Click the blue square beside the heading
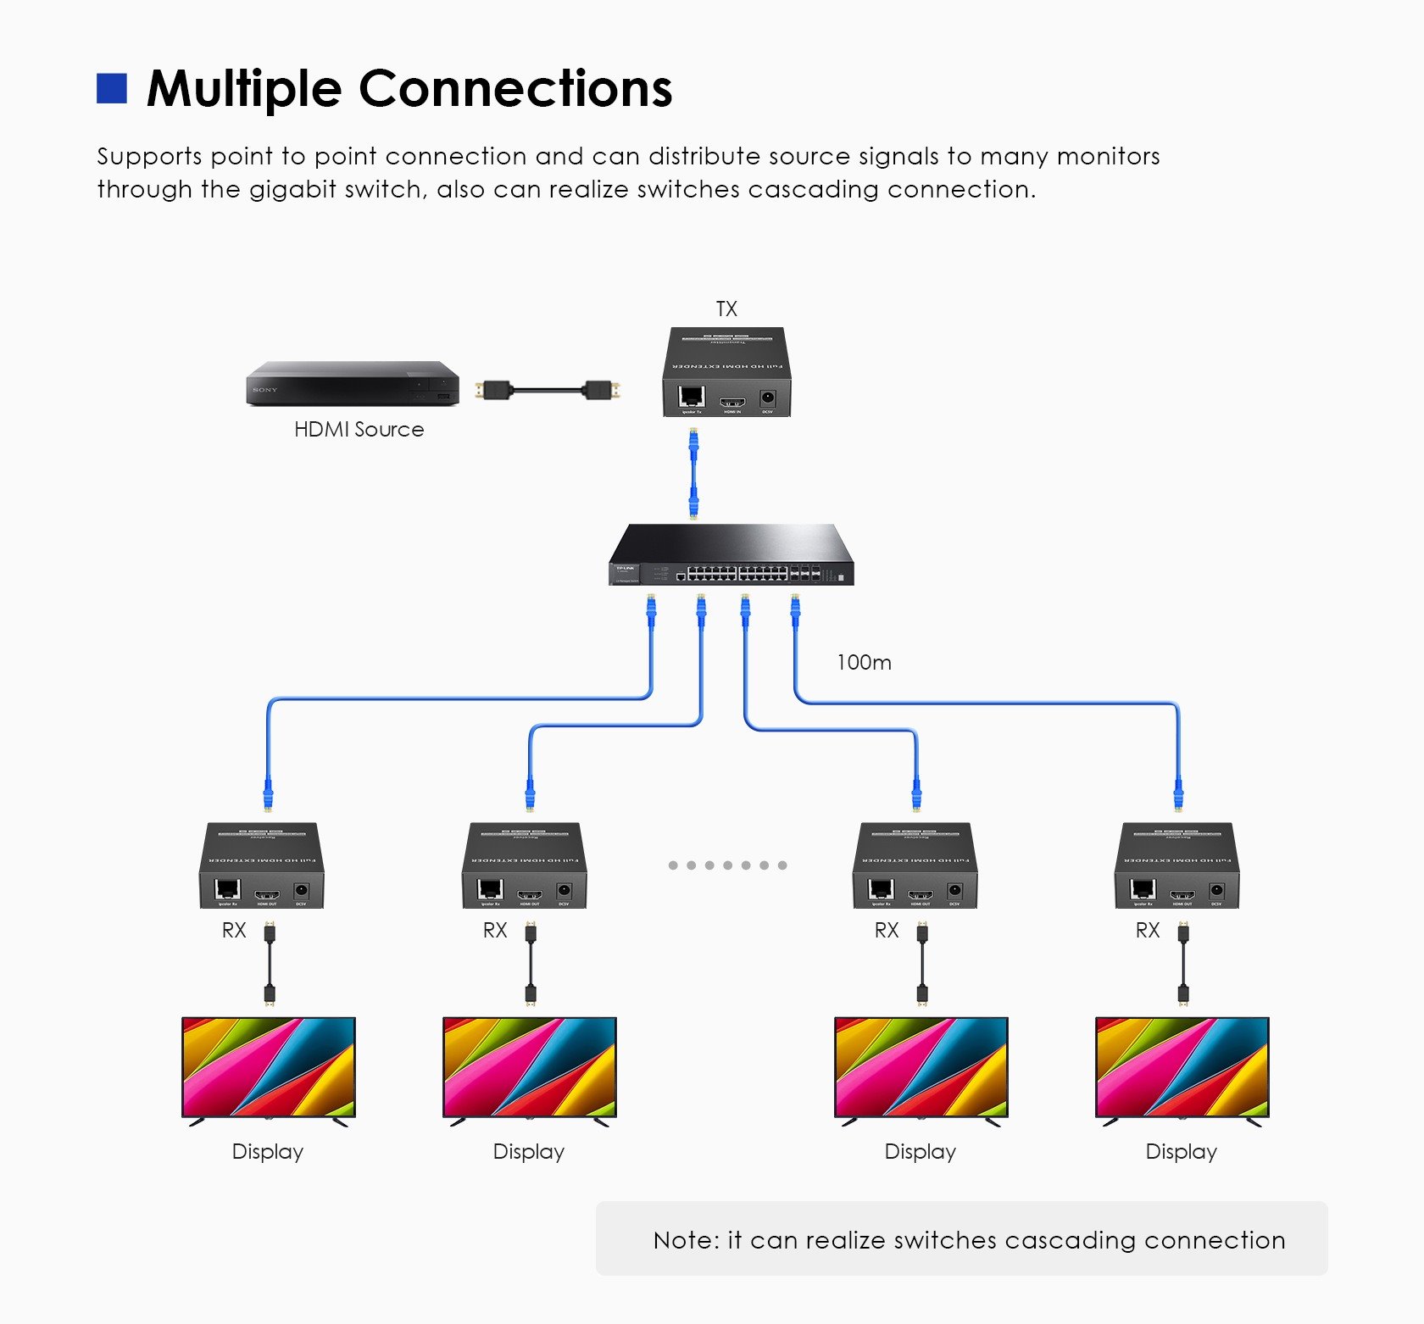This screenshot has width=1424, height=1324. pyautogui.click(x=112, y=88)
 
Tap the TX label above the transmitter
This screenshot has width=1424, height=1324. pyautogui.click(x=726, y=309)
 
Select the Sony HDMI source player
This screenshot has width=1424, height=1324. pyautogui.click(x=352, y=384)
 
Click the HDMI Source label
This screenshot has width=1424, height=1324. pyautogui.click(x=359, y=429)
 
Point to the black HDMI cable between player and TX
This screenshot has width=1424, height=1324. pyautogui.click(x=548, y=391)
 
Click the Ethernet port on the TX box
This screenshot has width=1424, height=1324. pyautogui.click(x=692, y=397)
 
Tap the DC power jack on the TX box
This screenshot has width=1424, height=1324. pyautogui.click(x=768, y=398)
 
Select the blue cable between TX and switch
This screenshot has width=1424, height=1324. pyautogui.click(x=693, y=473)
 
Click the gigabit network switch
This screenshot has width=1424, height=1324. pyautogui.click(x=731, y=555)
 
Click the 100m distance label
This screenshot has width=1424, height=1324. pyautogui.click(x=864, y=662)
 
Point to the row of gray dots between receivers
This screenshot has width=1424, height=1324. pyautogui.click(x=727, y=865)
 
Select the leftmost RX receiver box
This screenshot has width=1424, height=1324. pyautogui.click(x=262, y=865)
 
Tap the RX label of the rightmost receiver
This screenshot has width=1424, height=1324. pyautogui.click(x=1147, y=931)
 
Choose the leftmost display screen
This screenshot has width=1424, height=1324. pyautogui.click(x=269, y=1067)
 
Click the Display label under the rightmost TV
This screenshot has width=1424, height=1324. pyautogui.click(x=1181, y=1151)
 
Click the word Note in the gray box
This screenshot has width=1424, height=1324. pyautogui.click(x=685, y=1240)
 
